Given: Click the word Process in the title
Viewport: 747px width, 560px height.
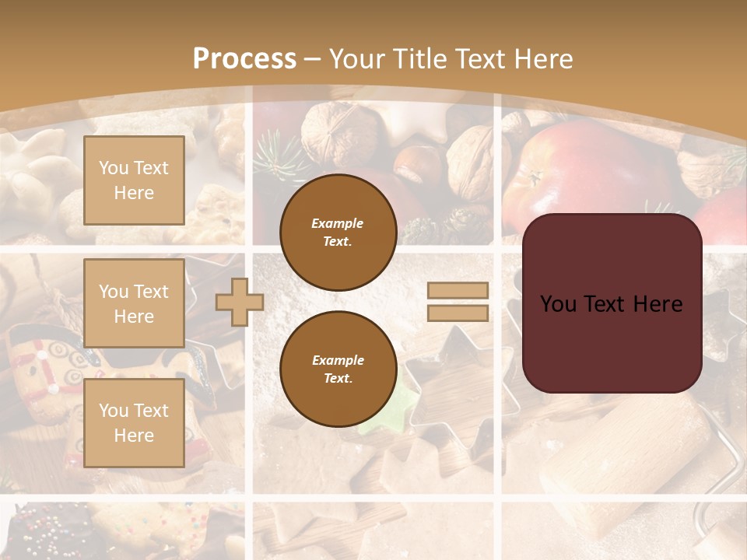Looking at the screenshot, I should click(x=244, y=59).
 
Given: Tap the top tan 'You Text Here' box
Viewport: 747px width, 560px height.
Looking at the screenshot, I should click(x=134, y=180).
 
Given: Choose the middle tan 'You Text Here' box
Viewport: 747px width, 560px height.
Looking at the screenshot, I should click(x=134, y=303).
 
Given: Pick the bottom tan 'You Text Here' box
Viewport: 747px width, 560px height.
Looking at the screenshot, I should click(x=134, y=423).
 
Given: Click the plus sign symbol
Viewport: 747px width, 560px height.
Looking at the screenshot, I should click(x=240, y=302).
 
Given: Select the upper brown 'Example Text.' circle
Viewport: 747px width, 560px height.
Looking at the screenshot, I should click(x=338, y=233).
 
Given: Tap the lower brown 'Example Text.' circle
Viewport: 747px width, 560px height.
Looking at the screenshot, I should click(x=338, y=369).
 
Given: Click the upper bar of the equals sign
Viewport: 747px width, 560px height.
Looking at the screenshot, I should click(x=458, y=291).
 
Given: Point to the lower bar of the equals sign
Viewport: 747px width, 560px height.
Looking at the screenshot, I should click(x=458, y=313).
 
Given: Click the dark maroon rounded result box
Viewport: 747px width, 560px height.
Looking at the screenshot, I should click(x=612, y=303).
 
